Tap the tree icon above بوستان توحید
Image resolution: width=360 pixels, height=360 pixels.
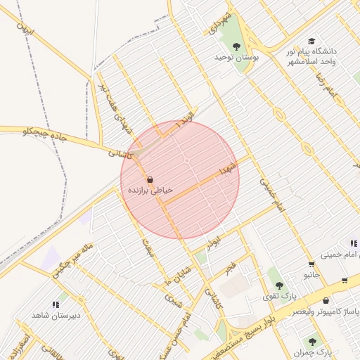click(237, 46)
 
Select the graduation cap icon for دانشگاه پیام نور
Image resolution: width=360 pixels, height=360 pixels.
click(311, 41)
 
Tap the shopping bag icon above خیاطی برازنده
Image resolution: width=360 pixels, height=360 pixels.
click(150, 179)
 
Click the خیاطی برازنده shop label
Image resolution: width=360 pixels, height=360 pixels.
click(150, 191)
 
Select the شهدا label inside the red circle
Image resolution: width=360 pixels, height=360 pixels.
click(226, 169)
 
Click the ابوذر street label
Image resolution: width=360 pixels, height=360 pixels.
click(213, 241)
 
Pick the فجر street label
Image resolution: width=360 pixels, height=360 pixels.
click(230, 268)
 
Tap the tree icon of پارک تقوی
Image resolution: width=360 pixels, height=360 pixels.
click(280, 285)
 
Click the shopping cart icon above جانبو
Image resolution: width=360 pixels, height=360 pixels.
click(311, 264)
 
